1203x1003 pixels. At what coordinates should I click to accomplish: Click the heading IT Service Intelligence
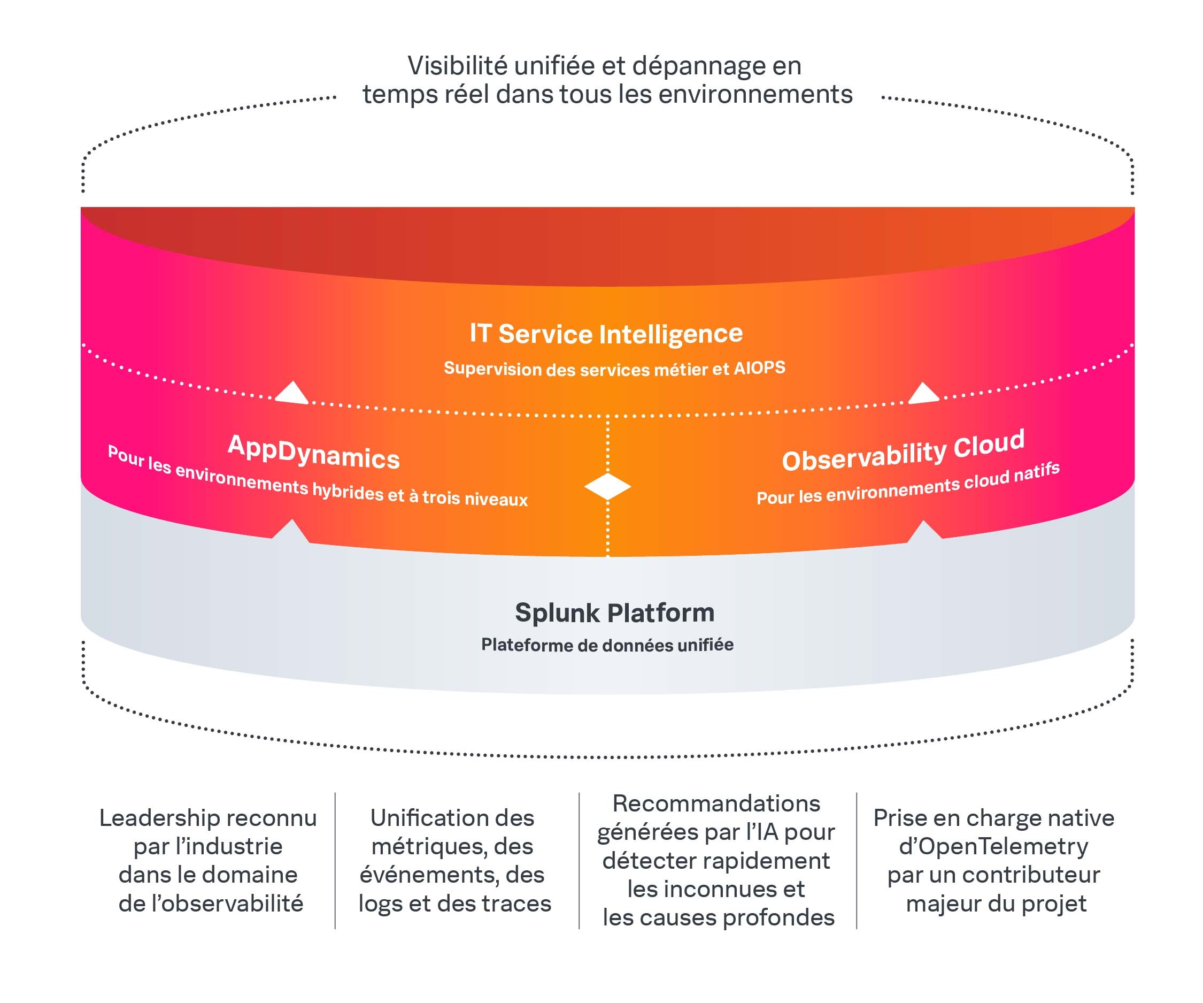606,334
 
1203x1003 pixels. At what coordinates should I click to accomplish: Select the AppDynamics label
313,452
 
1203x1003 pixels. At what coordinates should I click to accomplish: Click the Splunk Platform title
614,612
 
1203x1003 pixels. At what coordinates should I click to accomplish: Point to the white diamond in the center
607,487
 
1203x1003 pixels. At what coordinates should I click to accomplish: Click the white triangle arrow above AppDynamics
292,394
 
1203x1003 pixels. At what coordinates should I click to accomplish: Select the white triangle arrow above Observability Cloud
923,394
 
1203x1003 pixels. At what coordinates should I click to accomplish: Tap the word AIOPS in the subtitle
759,367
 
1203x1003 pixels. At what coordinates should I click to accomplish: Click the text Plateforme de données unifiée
607,645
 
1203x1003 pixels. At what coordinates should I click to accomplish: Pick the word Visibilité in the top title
457,66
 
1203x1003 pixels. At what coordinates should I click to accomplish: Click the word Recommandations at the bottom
716,803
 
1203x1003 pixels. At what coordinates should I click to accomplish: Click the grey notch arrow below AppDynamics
291,530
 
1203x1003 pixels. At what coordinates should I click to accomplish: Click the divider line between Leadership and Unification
335,860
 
